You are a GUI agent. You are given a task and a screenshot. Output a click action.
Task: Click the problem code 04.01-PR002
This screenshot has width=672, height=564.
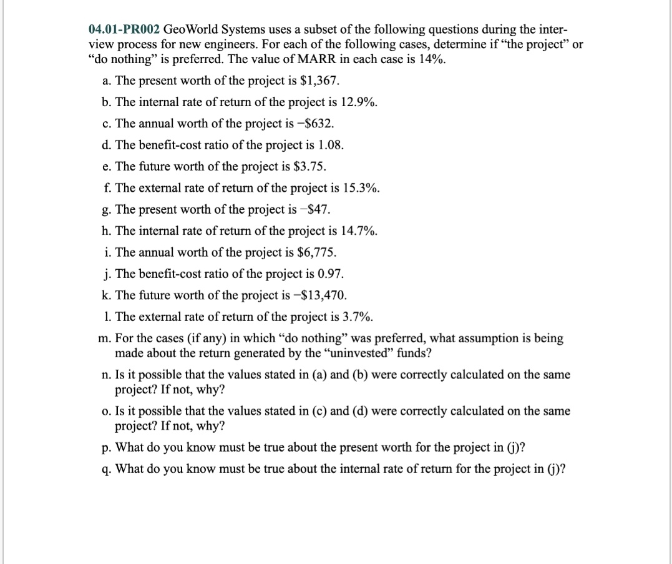(124, 29)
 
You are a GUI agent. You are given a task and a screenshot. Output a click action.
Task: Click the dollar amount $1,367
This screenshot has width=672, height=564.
(319, 81)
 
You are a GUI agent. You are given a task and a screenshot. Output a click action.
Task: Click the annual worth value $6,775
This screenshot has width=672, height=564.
(315, 252)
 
